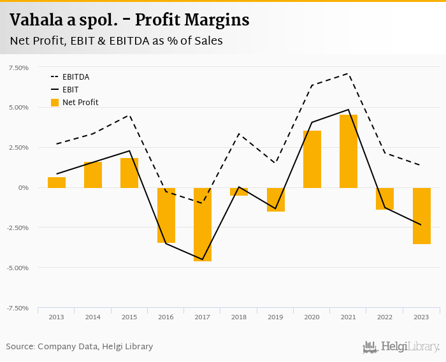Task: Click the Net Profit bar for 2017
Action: (203, 224)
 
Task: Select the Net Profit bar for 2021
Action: (349, 151)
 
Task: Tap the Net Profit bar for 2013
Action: (57, 182)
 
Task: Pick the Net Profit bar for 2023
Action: (422, 215)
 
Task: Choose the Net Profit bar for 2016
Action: (166, 215)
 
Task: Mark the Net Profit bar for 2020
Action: (312, 159)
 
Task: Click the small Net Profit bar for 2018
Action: (239, 191)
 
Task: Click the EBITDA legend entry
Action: (76, 77)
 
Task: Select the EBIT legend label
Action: (71, 90)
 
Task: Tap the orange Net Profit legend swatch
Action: (55, 103)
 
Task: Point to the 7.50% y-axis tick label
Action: (18, 68)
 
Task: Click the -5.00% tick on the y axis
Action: (17, 268)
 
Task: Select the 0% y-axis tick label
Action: (24, 187)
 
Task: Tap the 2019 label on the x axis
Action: (275, 317)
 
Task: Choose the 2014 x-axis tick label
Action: (93, 317)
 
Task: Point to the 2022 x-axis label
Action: (385, 317)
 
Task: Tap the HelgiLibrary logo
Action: (401, 347)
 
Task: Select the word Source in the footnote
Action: (20, 347)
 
